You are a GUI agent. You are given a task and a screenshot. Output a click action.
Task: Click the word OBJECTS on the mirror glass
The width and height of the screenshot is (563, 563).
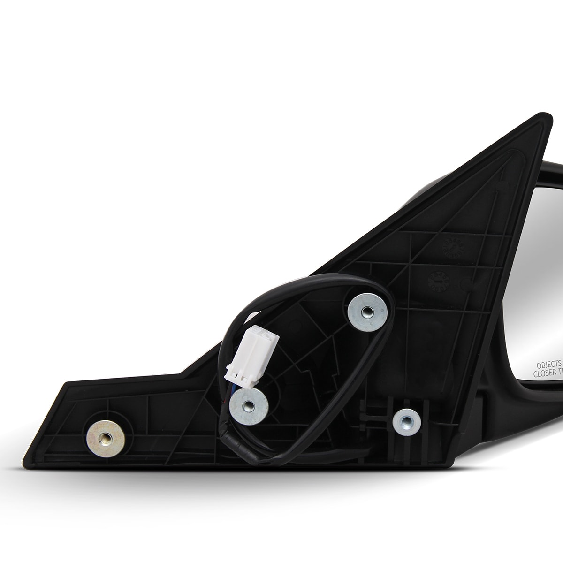548,364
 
